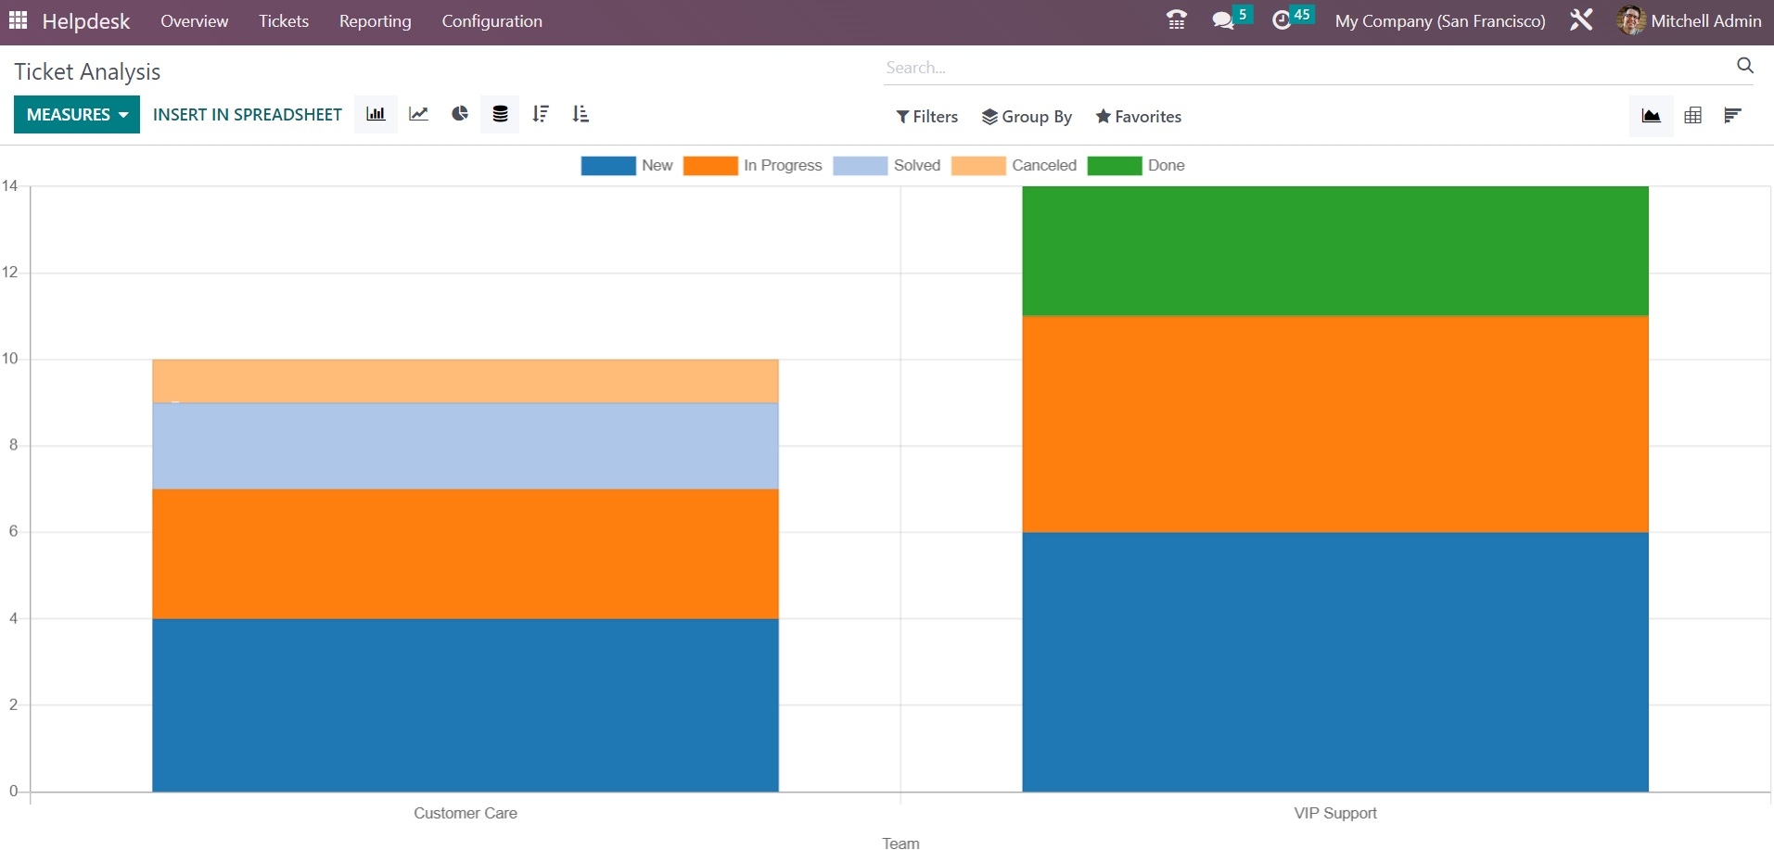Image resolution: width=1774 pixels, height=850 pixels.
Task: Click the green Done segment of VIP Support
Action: [x=1335, y=250]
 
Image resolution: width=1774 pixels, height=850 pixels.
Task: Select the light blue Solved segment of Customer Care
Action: [x=466, y=446]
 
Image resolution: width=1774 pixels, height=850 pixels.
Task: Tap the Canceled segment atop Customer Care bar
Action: [x=466, y=381]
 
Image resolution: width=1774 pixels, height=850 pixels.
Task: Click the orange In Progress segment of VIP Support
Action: [x=1335, y=424]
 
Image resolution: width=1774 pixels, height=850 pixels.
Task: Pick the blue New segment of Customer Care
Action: [x=466, y=704]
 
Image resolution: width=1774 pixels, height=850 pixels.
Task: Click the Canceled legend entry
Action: [x=1015, y=165]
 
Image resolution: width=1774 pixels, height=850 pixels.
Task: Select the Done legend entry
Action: [x=1137, y=165]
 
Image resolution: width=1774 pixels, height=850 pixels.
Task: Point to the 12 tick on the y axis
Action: [x=10, y=273]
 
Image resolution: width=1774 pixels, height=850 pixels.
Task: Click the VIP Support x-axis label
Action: [x=1335, y=813]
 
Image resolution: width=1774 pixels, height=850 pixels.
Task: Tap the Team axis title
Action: [x=900, y=843]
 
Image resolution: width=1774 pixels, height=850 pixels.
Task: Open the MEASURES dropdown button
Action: [x=77, y=114]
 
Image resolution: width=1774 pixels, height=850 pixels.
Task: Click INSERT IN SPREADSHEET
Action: [x=248, y=114]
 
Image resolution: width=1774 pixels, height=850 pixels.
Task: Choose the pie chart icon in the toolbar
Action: [x=460, y=114]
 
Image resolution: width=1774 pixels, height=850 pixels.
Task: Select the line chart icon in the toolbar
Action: [x=418, y=114]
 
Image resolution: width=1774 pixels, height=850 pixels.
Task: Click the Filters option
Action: [x=926, y=116]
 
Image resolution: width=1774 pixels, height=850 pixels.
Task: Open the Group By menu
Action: [x=1027, y=116]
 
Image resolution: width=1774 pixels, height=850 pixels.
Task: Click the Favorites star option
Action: [x=1138, y=116]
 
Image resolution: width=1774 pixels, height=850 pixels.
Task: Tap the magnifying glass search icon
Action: [x=1744, y=66]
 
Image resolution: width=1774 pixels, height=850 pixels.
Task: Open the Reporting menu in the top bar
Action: [x=375, y=21]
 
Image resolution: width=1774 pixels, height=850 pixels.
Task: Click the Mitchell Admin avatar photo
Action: [x=1630, y=20]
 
